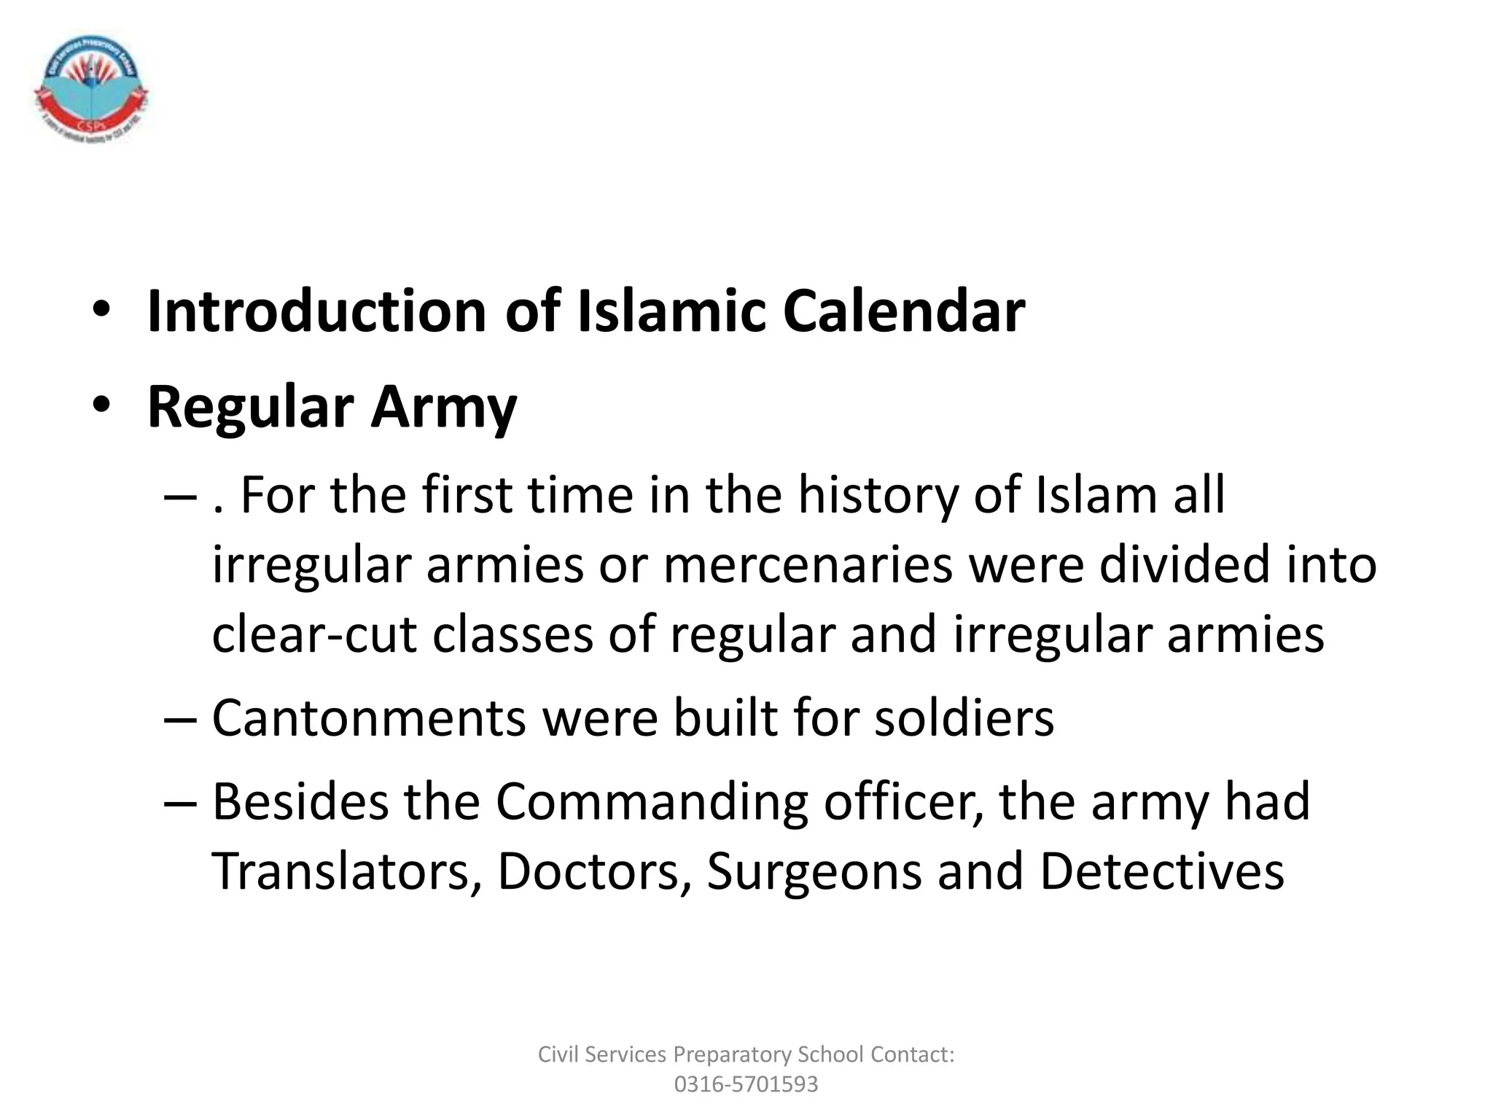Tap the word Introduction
[316, 312]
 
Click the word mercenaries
[808, 565]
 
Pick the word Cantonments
[369, 718]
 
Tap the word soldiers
[964, 718]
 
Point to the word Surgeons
[814, 871]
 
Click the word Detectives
[1161, 871]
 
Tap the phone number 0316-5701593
[746, 1084]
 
